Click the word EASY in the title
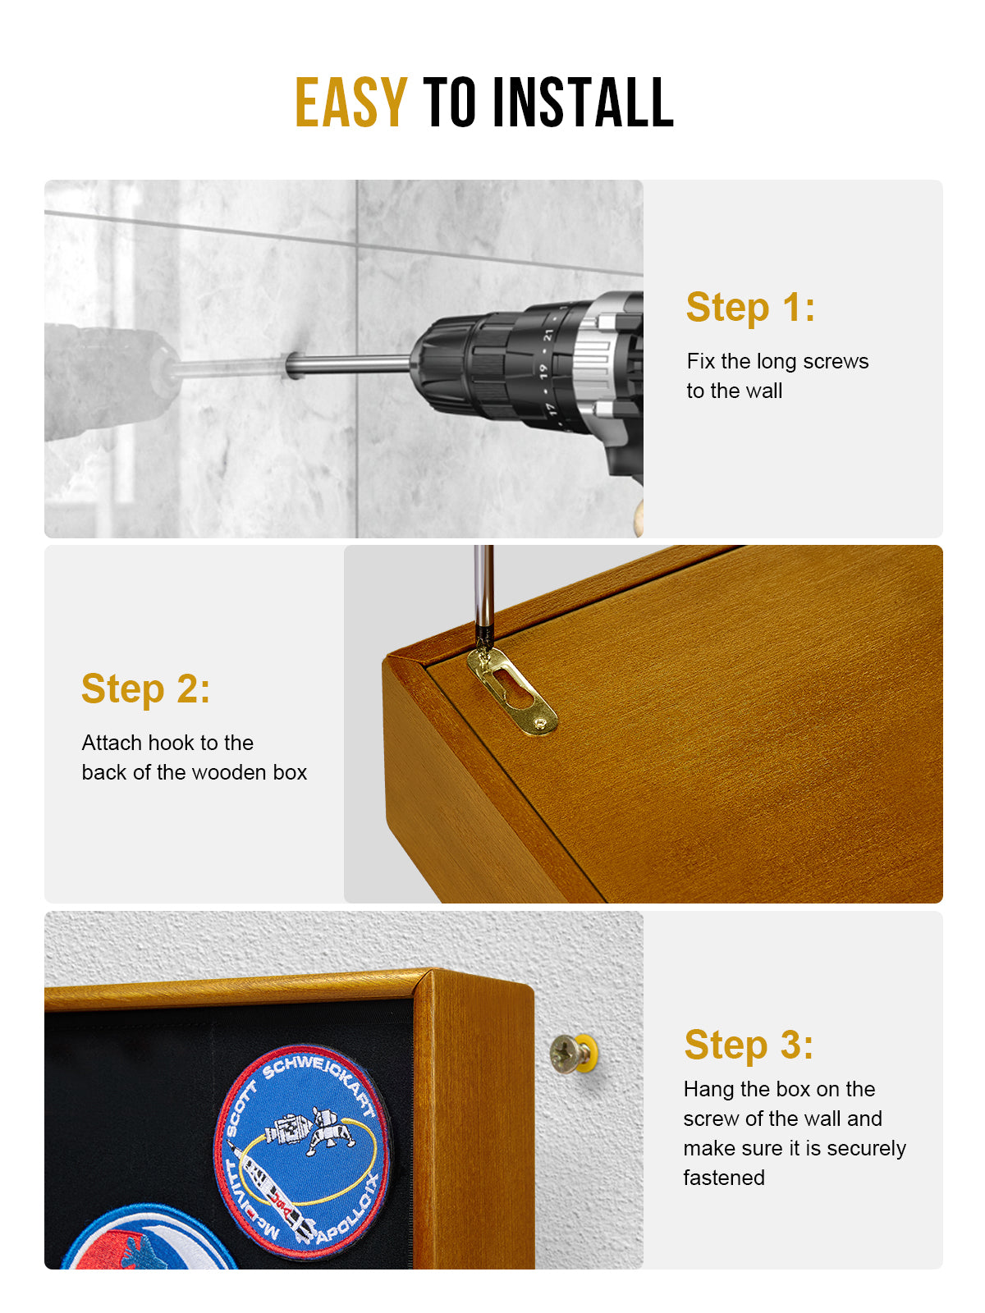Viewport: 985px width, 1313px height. pos(350,103)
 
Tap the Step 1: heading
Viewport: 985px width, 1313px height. pos(750,308)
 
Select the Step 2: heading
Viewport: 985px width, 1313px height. pos(145,689)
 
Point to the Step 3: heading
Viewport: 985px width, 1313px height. pos(749,1045)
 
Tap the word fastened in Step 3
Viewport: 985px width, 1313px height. pos(724,1178)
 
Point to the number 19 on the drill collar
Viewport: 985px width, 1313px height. pos(544,371)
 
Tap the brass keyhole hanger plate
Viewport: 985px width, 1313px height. pos(512,689)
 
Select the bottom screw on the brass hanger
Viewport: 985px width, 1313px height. pos(539,723)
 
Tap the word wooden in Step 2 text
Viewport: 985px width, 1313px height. pos(229,772)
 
